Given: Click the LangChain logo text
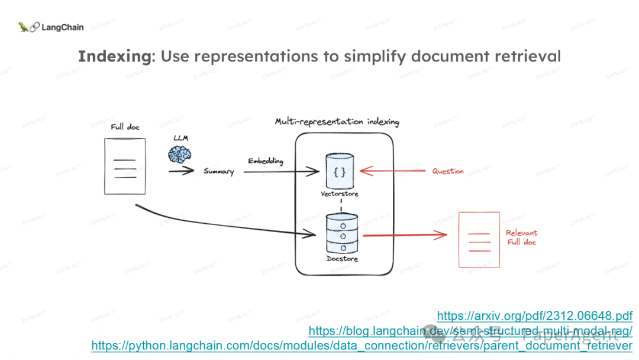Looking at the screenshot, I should [x=62, y=27].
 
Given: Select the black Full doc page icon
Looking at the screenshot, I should [x=124, y=166].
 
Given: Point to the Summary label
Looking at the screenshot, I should [x=219, y=172].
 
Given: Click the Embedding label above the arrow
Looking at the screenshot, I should [x=266, y=161].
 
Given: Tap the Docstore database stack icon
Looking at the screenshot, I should [x=342, y=234].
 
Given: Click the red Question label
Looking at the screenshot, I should [x=448, y=171].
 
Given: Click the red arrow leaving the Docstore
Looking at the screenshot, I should [x=405, y=236].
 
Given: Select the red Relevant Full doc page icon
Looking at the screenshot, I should [x=479, y=239].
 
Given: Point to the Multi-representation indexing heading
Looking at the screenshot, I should [x=337, y=122].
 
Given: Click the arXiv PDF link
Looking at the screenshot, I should [x=535, y=316].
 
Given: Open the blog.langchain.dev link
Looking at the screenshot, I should [x=470, y=330].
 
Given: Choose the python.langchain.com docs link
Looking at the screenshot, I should [x=362, y=345].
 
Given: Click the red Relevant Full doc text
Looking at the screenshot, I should [x=521, y=237].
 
